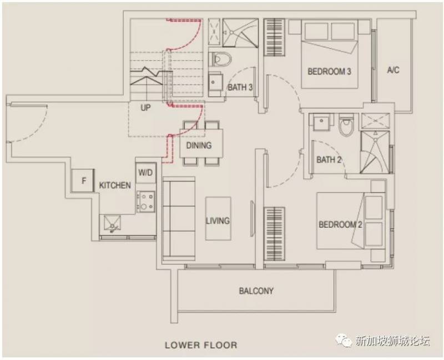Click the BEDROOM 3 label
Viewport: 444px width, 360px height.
pyautogui.click(x=329, y=71)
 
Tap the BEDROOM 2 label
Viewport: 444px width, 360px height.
pyautogui.click(x=340, y=224)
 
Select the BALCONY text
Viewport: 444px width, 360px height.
pyautogui.click(x=256, y=291)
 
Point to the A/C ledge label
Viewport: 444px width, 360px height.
pyautogui.click(x=393, y=70)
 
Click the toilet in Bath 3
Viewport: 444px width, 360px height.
pyautogui.click(x=220, y=59)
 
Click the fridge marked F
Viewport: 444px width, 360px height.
pyautogui.click(x=82, y=181)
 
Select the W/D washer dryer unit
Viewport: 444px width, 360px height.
pyautogui.click(x=145, y=173)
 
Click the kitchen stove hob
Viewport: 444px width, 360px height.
pyautogui.click(x=146, y=202)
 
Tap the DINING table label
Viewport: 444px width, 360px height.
pyautogui.click(x=199, y=146)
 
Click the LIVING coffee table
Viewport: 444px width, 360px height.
pyautogui.click(x=218, y=218)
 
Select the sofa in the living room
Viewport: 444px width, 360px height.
pyautogui.click(x=179, y=218)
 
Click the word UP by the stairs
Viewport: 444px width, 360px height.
pyautogui.click(x=145, y=108)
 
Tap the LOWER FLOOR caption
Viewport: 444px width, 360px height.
pyautogui.click(x=201, y=345)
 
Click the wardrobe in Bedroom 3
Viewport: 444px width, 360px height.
pyautogui.click(x=274, y=37)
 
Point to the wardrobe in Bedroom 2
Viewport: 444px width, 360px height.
pyautogui.click(x=274, y=234)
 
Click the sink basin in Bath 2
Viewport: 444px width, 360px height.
pyautogui.click(x=321, y=122)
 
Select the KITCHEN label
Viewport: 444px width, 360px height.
pyautogui.click(x=115, y=186)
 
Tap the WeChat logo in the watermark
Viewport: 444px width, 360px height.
pyautogui.click(x=344, y=339)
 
